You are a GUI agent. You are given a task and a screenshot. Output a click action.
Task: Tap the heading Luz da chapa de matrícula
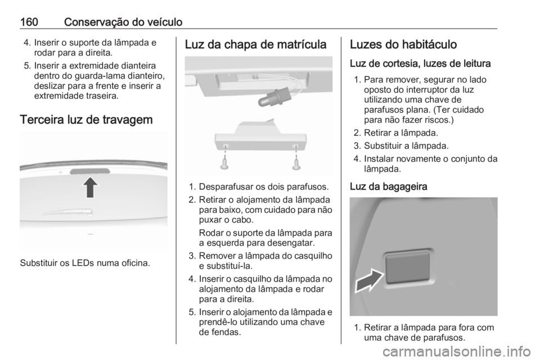(x=254, y=44)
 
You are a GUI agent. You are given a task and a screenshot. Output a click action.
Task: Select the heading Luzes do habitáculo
(x=404, y=44)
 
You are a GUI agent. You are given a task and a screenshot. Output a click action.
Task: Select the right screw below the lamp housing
(x=297, y=163)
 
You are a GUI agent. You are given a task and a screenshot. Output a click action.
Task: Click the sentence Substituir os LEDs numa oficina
(x=84, y=263)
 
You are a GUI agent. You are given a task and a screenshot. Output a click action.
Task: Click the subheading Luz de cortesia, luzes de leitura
(x=413, y=64)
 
